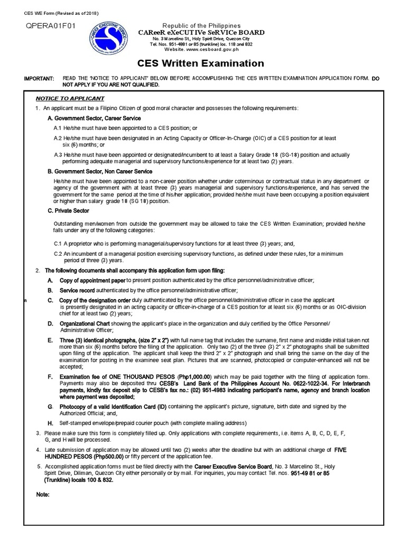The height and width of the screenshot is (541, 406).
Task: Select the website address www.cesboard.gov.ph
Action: [211, 50]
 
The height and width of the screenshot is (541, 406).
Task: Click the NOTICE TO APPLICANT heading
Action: [70, 99]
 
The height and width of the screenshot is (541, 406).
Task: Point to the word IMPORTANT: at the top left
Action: [39, 79]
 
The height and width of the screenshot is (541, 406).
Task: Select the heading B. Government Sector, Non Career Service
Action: [99, 172]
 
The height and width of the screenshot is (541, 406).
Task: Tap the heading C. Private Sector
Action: [69, 211]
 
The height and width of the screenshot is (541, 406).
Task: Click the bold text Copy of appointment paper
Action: [92, 280]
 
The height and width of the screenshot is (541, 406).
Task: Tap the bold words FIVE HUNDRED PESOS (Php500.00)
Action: [79, 456]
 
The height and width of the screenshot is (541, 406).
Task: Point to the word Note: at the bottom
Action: [43, 495]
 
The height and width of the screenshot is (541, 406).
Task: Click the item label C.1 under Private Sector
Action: [58, 244]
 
